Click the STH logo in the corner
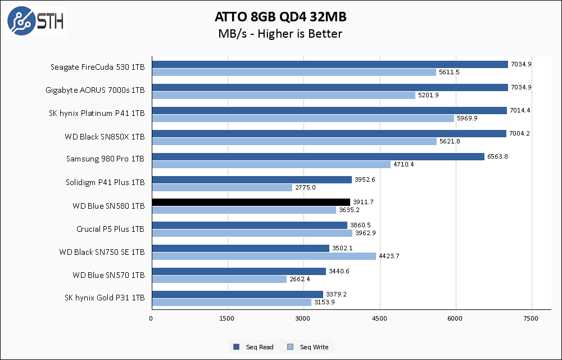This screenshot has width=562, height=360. pyautogui.click(x=35, y=21)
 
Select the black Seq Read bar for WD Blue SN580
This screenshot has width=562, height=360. pyautogui.click(x=251, y=202)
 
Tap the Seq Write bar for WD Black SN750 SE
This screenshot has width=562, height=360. pyautogui.click(x=264, y=256)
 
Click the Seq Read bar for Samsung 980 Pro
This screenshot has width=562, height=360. pyautogui.click(x=318, y=156)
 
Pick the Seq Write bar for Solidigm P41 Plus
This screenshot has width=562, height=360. pyautogui.click(x=221, y=187)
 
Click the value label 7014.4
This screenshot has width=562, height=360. pyautogui.click(x=520, y=110)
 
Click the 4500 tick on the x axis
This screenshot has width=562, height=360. pyautogui.click(x=379, y=319)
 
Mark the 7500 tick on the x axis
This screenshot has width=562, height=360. pyautogui.click(x=532, y=319)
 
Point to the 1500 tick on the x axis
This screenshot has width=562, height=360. pyautogui.click(x=227, y=319)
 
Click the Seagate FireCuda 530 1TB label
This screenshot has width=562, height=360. pyautogui.click(x=97, y=67)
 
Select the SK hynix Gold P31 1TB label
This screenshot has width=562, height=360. pyautogui.click(x=105, y=298)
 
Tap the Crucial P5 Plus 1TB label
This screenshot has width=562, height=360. pyautogui.click(x=110, y=229)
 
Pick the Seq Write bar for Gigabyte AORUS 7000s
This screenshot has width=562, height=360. pyautogui.click(x=283, y=95)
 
